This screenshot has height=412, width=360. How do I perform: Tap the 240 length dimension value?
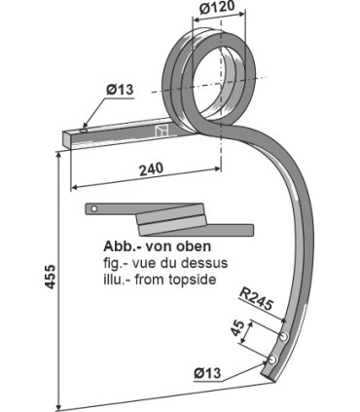tap(151, 169)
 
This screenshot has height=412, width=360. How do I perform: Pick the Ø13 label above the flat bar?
tap(119, 91)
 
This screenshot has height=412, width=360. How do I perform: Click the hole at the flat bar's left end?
tap(85, 128)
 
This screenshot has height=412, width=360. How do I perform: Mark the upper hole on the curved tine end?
tap(283, 336)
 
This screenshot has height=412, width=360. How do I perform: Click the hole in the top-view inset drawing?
tap(92, 208)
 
